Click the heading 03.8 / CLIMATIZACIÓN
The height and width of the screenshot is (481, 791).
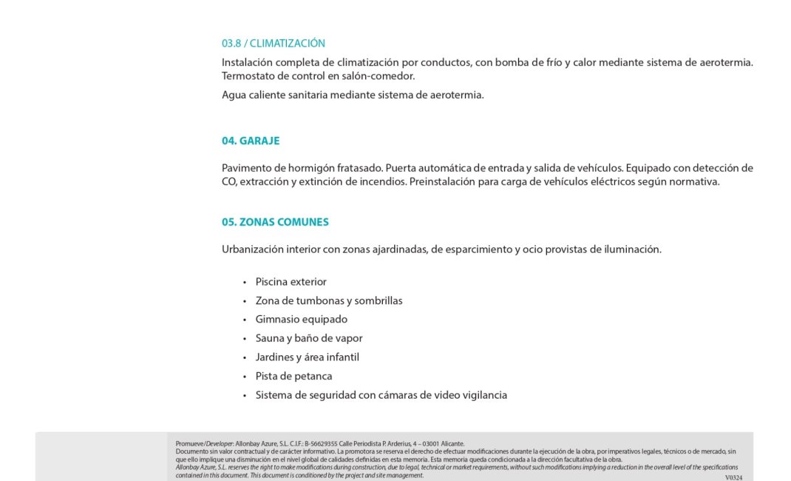273,44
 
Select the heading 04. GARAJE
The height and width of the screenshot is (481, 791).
251,141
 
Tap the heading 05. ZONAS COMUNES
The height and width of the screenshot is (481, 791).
275,222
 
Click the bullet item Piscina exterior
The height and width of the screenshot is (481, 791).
291,282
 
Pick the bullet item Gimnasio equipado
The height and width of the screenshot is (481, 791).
301,320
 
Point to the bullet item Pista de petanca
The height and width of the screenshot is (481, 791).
293,376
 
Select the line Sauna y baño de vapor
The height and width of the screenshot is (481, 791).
308,338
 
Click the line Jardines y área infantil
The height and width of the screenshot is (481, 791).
307,357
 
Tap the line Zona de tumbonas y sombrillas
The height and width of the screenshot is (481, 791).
328,301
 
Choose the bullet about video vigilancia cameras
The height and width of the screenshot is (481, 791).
381,395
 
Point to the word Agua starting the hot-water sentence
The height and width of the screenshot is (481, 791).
234,95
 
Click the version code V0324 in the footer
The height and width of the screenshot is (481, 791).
733,477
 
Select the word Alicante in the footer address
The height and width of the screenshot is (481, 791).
452,444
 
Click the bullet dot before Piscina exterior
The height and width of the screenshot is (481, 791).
245,283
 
